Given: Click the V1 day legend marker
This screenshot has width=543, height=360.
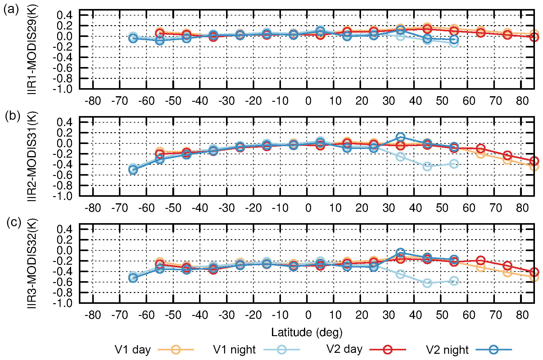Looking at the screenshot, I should (176, 350).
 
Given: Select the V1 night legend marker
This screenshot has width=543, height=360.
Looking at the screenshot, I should (282, 350).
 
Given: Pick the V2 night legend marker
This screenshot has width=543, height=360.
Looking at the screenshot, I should (494, 350).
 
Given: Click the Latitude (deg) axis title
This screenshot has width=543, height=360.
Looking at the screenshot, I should (307, 332).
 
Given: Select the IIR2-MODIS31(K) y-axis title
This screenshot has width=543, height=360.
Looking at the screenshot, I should (32, 156).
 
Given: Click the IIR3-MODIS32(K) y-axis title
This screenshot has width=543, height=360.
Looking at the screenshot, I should (32, 263).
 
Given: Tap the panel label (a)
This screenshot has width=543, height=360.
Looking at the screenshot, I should (11, 10).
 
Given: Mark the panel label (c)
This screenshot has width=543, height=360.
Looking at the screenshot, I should (14, 223).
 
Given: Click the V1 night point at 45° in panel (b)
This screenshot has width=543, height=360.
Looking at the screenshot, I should (427, 166).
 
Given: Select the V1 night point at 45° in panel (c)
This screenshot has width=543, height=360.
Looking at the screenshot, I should (427, 283).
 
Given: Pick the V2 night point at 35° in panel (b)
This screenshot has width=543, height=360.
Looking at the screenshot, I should (400, 137).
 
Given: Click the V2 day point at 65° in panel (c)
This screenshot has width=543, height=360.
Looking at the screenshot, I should (481, 261).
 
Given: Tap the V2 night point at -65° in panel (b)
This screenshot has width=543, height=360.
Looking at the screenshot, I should (133, 170).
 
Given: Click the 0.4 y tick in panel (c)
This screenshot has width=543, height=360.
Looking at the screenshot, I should (64, 229).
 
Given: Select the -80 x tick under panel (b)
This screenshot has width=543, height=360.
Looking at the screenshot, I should (93, 208).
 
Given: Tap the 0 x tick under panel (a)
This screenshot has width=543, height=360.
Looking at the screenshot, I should (308, 101).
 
